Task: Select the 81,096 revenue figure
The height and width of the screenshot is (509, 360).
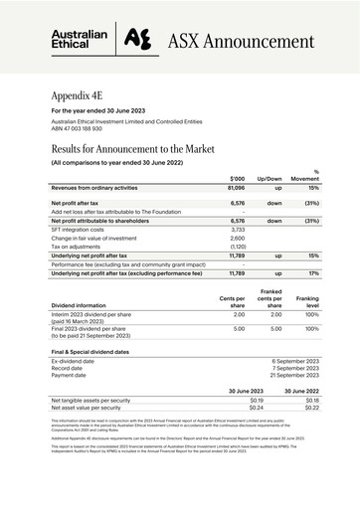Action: [234, 187]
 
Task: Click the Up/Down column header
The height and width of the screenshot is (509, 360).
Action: [270, 177]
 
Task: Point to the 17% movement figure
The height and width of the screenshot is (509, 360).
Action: [313, 272]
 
